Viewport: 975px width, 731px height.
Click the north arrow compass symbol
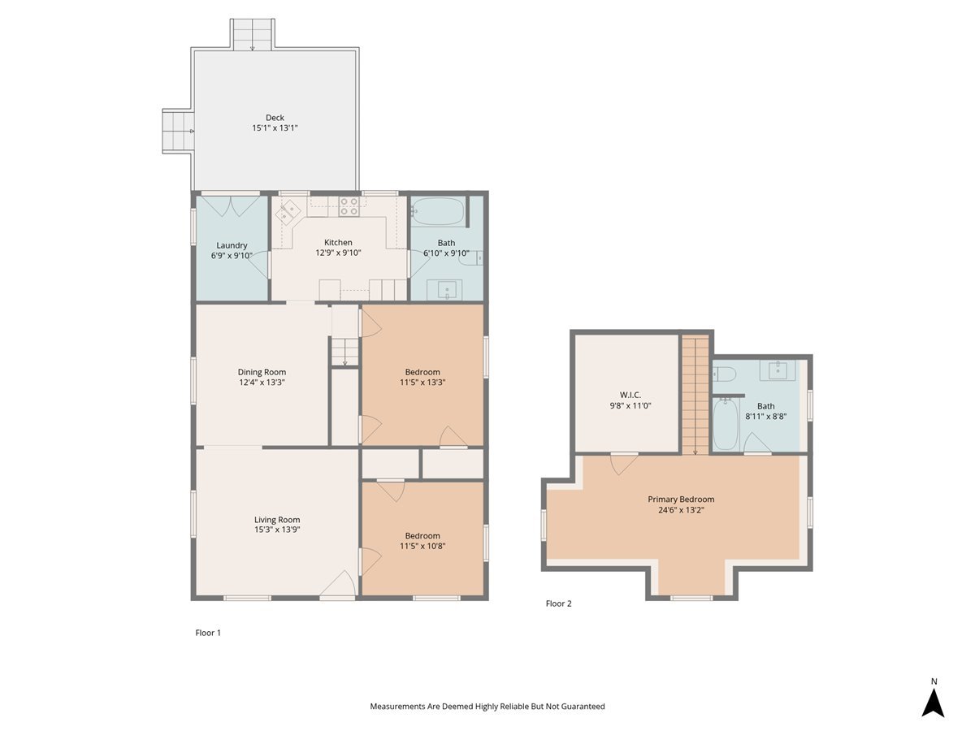click(933, 702)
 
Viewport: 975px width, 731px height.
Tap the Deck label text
click(275, 118)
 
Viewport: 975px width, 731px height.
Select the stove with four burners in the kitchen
click(349, 206)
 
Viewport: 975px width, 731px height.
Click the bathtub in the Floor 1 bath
click(437, 212)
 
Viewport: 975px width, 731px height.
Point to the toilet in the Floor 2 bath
click(725, 374)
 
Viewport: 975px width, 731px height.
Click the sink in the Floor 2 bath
click(778, 370)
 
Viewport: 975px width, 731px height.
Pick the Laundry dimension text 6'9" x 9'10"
click(232, 256)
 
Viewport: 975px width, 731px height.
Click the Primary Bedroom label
click(681, 500)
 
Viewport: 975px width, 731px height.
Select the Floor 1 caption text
click(208, 633)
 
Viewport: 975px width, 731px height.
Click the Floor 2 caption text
click(558, 603)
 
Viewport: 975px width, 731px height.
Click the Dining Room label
click(262, 372)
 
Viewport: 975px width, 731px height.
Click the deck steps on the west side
click(179, 131)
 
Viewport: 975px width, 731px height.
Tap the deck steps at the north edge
click(253, 34)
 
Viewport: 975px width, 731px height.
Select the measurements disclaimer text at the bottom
click(487, 707)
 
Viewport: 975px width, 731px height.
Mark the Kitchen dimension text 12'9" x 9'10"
click(338, 253)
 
